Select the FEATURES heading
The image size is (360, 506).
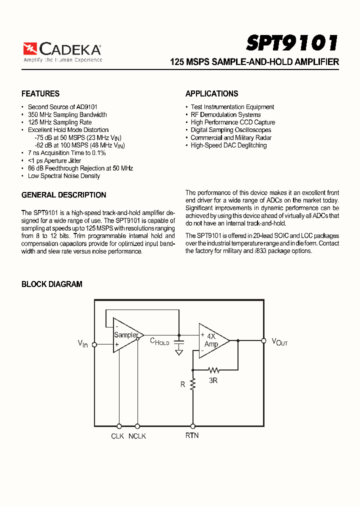coord(40,93)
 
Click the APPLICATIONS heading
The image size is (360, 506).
coord(211,93)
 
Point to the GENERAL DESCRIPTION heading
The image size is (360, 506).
coord(64,195)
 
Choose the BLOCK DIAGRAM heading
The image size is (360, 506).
coord(52,284)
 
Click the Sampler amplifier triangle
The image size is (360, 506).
coord(126,335)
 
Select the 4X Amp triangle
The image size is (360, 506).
coord(212,340)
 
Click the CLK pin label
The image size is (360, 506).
coord(117,436)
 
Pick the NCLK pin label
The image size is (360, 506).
coord(137,436)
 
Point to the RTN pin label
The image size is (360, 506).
coord(192,435)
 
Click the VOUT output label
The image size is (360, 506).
coord(279,342)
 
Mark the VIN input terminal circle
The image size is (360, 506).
coord(94,344)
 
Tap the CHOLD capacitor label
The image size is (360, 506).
coord(160,341)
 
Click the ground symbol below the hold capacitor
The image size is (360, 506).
coord(179,352)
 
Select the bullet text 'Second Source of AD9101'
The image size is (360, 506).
coord(62,107)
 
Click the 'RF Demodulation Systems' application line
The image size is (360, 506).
coord(225,114)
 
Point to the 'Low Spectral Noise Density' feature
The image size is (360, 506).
coord(64,176)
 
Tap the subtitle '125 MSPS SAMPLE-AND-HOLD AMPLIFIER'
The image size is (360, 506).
coord(254,62)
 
